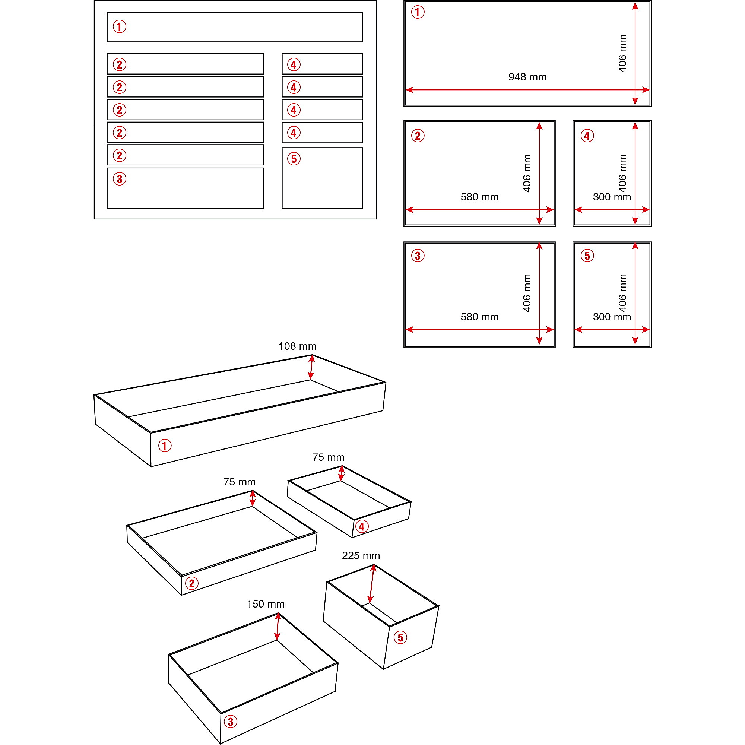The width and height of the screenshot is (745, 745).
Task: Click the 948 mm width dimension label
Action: coord(527,77)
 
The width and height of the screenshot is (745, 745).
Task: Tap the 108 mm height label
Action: coord(297,346)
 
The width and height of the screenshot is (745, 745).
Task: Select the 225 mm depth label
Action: coord(361,556)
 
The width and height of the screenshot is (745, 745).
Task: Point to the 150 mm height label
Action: coord(266,604)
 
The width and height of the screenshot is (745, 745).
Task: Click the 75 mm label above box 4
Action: coord(328,457)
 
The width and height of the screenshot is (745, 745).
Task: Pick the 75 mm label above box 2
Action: coord(240,482)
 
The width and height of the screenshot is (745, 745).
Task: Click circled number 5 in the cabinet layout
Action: coord(294,159)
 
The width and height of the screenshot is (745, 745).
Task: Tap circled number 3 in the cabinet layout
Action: coord(120,179)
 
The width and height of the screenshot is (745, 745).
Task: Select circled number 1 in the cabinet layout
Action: coord(120,26)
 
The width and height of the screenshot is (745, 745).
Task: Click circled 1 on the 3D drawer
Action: coord(165,446)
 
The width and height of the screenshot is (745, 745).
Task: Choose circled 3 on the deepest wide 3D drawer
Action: coord(231,722)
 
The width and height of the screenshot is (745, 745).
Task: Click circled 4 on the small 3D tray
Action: coord(361,526)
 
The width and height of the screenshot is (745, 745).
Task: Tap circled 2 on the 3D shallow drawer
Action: coord(191,583)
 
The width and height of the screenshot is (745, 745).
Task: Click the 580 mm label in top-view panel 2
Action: coord(480,197)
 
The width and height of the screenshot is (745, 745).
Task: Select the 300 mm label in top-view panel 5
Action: coord(612,317)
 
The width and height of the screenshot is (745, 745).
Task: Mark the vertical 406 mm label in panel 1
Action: coord(622,54)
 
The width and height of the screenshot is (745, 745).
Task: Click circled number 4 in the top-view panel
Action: coord(587,136)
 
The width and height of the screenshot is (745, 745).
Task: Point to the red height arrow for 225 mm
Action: coord(371,584)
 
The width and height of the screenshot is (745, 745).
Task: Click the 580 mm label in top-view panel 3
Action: coord(480,317)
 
